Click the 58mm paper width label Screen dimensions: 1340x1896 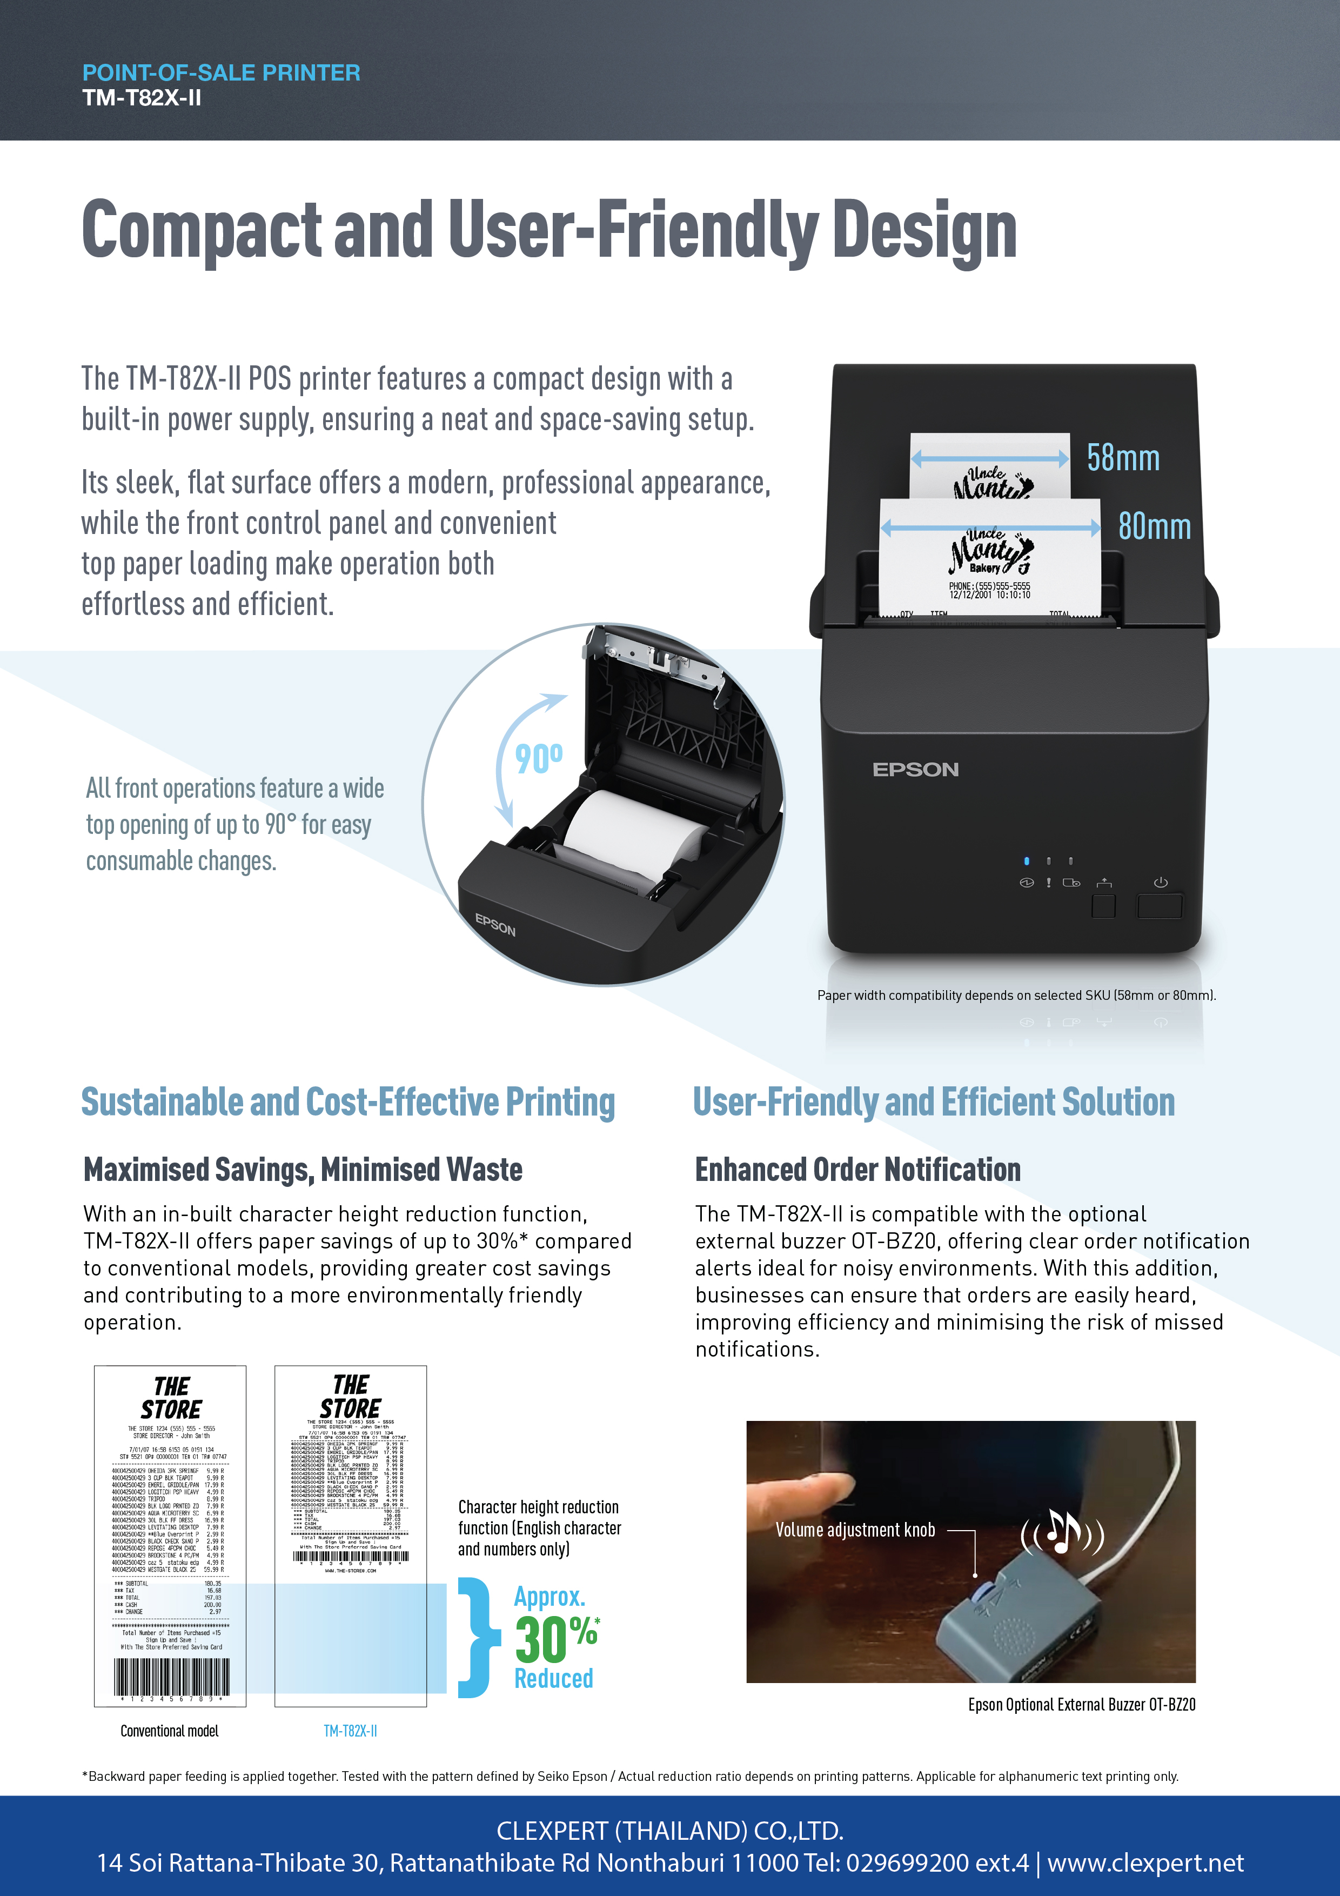pos(1122,458)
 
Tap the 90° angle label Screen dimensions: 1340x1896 pos(538,759)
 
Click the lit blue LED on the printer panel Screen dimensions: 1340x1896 pos(1026,860)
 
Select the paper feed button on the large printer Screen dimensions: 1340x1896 pos(1103,905)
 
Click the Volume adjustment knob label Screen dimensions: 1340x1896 pos(855,1530)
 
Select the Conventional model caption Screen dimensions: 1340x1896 pos(169,1731)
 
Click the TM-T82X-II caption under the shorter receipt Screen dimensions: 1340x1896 pos(350,1731)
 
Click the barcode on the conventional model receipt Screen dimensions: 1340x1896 pos(171,1677)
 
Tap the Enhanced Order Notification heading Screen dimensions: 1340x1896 pos(857,1169)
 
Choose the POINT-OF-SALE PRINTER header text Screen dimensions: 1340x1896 pos(222,72)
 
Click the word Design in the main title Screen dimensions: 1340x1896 pos(924,230)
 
